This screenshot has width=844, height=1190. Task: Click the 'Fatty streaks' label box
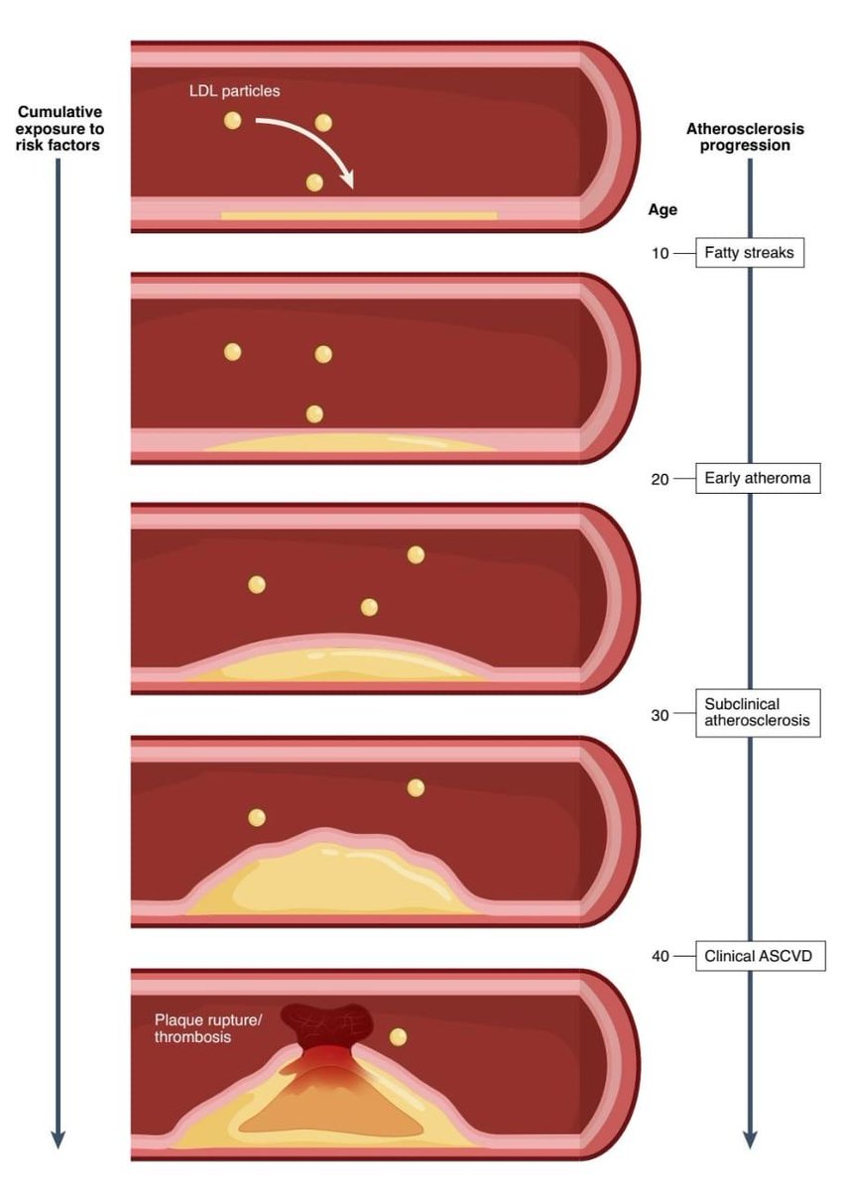coord(749,253)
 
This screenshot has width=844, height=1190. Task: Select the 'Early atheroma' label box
coord(757,478)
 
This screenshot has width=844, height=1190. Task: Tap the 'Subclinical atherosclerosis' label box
coord(757,712)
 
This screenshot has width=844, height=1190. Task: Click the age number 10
coord(660,253)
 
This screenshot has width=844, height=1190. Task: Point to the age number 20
coord(660,478)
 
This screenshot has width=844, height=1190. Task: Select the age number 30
coord(660,713)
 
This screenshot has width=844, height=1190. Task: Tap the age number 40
coord(660,957)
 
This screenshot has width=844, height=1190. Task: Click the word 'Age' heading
coord(663,210)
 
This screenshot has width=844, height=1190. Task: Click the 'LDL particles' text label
coord(235,91)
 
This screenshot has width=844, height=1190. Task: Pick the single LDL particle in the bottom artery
coord(398,1037)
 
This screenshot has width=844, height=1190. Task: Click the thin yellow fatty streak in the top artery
coord(358,215)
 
